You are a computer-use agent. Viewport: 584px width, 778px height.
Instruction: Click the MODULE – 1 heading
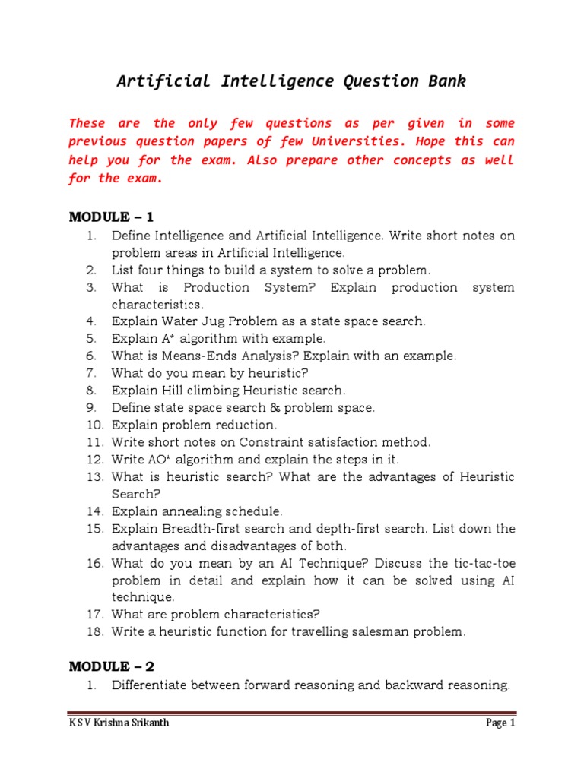click(111, 217)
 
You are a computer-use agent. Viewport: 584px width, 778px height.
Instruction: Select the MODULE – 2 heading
click(111, 666)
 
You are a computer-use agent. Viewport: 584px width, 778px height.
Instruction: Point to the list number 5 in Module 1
click(91, 339)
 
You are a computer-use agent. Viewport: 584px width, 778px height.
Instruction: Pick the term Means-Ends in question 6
click(204, 356)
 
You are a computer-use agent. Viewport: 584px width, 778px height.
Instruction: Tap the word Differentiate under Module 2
click(154, 685)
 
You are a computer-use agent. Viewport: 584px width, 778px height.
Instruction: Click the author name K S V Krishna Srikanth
click(119, 723)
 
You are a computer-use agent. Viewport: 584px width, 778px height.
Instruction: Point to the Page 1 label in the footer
click(500, 723)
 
